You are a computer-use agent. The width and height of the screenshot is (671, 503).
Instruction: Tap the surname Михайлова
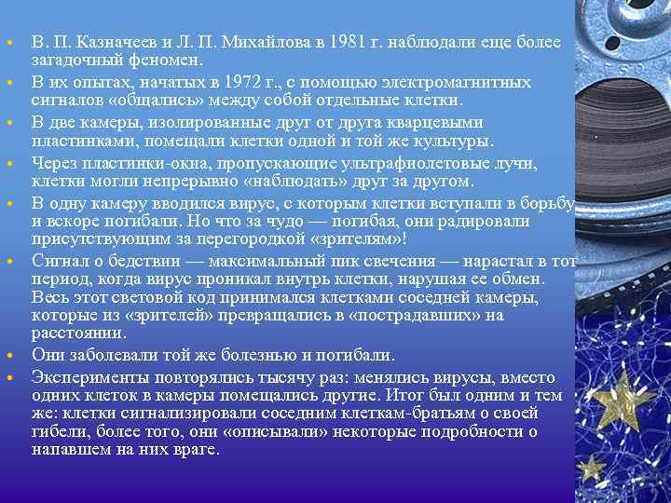pos(265,43)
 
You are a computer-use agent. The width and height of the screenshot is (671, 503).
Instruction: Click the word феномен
pos(170,61)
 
